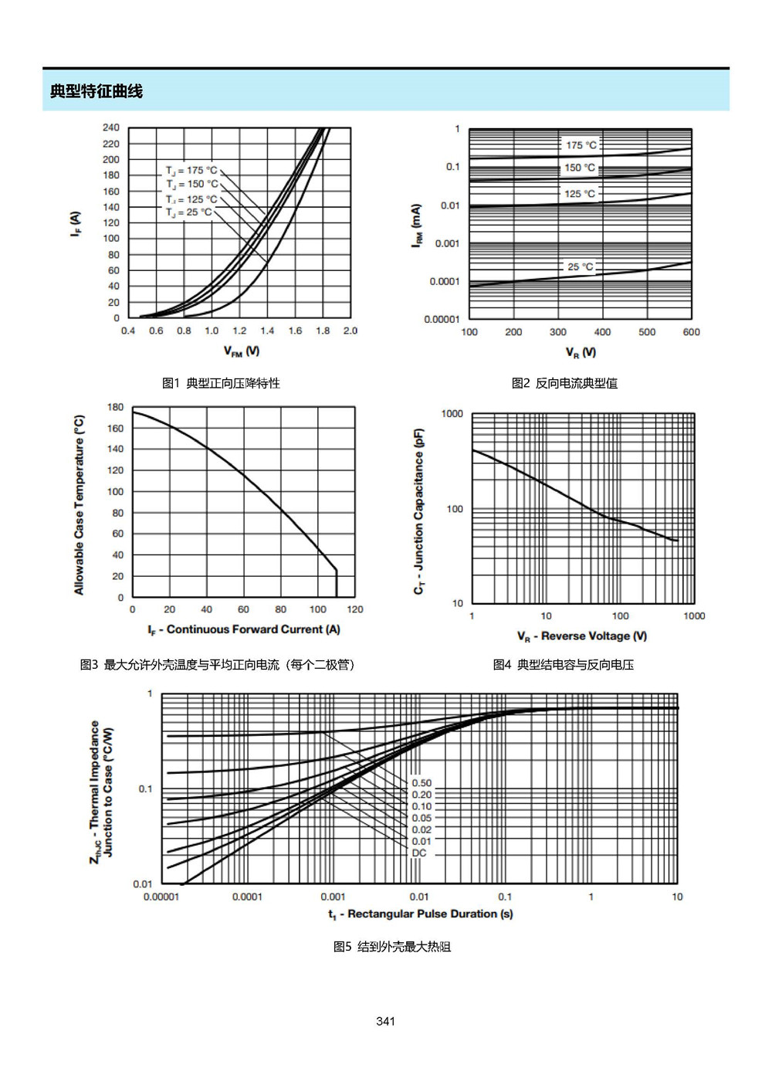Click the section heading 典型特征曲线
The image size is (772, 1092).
pos(96,91)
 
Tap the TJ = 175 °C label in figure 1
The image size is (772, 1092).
pos(191,171)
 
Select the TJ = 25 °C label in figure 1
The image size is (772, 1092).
pos(188,212)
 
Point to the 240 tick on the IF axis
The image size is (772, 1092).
pos(111,127)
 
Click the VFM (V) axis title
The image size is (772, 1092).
pos(242,351)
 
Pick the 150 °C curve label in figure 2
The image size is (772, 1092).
pos(580,168)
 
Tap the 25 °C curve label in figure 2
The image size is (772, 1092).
pos(581,266)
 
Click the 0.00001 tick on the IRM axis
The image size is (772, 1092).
pos(442,319)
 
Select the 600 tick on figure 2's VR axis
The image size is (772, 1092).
pos(691,332)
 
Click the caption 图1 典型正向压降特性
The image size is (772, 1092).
pos(221,383)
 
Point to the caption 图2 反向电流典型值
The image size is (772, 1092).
pos(564,383)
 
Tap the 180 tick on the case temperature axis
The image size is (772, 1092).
pos(116,407)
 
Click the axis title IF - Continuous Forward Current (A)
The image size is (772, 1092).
pos(244,629)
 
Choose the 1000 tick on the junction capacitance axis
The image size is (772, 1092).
pos(452,414)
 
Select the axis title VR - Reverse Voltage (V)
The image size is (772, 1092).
pos(582,636)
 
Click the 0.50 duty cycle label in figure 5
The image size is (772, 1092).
pos(422,783)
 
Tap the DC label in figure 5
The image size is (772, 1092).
pos(419,853)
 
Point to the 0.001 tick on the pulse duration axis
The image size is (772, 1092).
pos(333,897)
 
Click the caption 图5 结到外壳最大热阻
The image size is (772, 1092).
pos(392,947)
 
